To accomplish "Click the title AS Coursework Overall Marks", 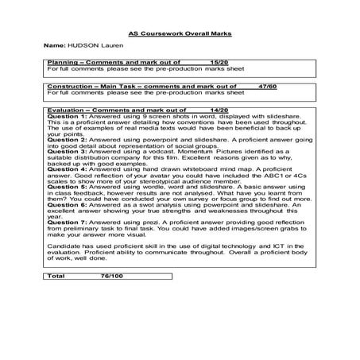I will pos(180,33).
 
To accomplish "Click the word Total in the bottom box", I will pos(58,323).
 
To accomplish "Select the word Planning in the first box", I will pos(62,61).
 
